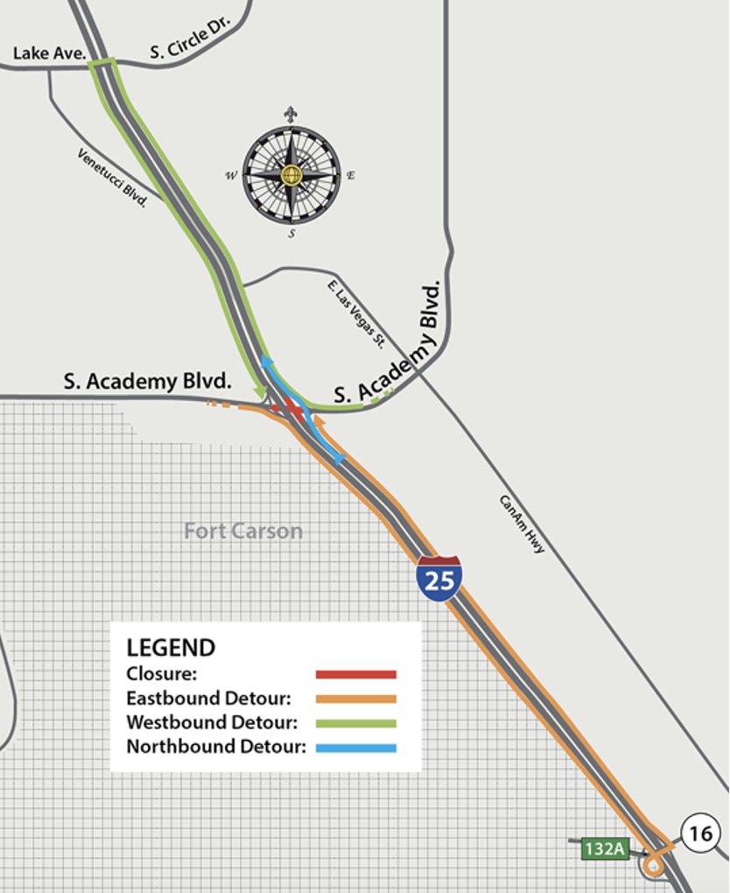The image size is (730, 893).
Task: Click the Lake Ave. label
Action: coord(48,53)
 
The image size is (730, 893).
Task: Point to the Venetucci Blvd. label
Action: coord(111,178)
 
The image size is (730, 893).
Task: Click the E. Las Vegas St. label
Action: coord(356,313)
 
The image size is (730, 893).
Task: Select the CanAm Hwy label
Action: coord(523,524)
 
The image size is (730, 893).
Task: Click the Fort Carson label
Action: coord(243,531)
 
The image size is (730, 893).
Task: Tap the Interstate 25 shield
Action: coord(439,578)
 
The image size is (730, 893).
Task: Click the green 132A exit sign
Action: coord(605,847)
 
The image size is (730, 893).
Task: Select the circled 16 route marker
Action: coord(700,833)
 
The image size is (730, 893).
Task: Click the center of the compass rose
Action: coord(291,175)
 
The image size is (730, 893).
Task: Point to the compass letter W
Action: coord(231,175)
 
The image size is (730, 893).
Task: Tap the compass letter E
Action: coord(351,175)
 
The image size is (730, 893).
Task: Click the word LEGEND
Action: coord(171,648)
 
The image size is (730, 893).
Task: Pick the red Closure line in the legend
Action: coord(356,674)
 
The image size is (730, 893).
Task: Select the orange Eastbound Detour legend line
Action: coord(356,699)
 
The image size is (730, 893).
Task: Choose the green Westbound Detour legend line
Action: coord(356,723)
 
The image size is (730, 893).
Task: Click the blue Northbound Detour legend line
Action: coord(356,748)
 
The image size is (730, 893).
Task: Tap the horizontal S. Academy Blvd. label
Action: coord(148,382)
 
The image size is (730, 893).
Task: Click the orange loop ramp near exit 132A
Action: coord(652,866)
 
